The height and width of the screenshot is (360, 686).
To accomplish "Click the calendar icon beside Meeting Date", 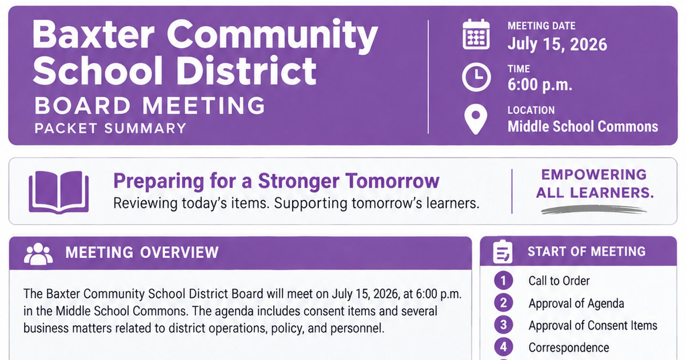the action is click(476, 34).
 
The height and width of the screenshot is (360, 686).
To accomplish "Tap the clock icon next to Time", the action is click(476, 78).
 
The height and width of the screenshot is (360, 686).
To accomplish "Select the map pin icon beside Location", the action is click(476, 119).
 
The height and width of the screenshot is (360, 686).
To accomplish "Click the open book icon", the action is click(59, 192).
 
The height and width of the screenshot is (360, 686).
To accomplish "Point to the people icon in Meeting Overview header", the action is click(38, 254).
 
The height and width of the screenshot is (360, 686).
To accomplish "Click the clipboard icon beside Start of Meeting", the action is click(502, 251).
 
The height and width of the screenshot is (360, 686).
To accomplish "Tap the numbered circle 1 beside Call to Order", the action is click(504, 281).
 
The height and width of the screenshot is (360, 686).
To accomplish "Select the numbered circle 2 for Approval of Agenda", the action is click(504, 303).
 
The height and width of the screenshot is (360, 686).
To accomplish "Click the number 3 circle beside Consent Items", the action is click(504, 325).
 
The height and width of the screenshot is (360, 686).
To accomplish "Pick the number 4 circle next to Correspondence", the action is click(504, 347).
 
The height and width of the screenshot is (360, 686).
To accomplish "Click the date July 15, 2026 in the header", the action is click(557, 45).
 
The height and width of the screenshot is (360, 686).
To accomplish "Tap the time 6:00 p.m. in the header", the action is click(540, 85).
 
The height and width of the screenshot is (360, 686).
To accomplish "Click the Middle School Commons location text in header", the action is click(583, 126).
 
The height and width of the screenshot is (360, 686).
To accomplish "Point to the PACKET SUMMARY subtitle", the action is click(110, 128).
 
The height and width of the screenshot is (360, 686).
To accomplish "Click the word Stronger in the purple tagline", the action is click(298, 181).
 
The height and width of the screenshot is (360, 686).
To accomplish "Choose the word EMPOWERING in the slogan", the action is click(594, 175).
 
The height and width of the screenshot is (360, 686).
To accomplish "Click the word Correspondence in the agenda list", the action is click(569, 348).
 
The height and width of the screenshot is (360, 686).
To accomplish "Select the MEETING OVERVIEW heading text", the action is click(142, 253).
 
